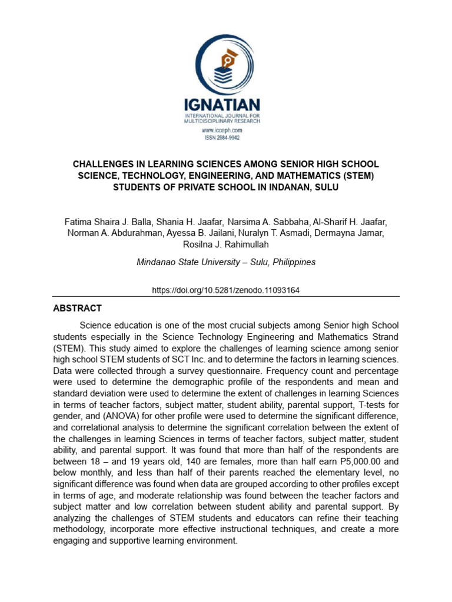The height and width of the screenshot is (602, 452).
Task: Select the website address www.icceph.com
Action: click(222, 130)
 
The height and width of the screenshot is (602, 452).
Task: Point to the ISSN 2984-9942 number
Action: click(222, 138)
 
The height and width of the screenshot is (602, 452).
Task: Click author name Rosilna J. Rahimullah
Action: click(226, 244)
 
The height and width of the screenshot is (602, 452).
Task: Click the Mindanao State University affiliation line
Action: click(226, 262)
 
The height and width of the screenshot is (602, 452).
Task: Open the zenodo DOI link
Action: click(226, 290)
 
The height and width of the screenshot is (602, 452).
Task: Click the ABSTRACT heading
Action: click(77, 308)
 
